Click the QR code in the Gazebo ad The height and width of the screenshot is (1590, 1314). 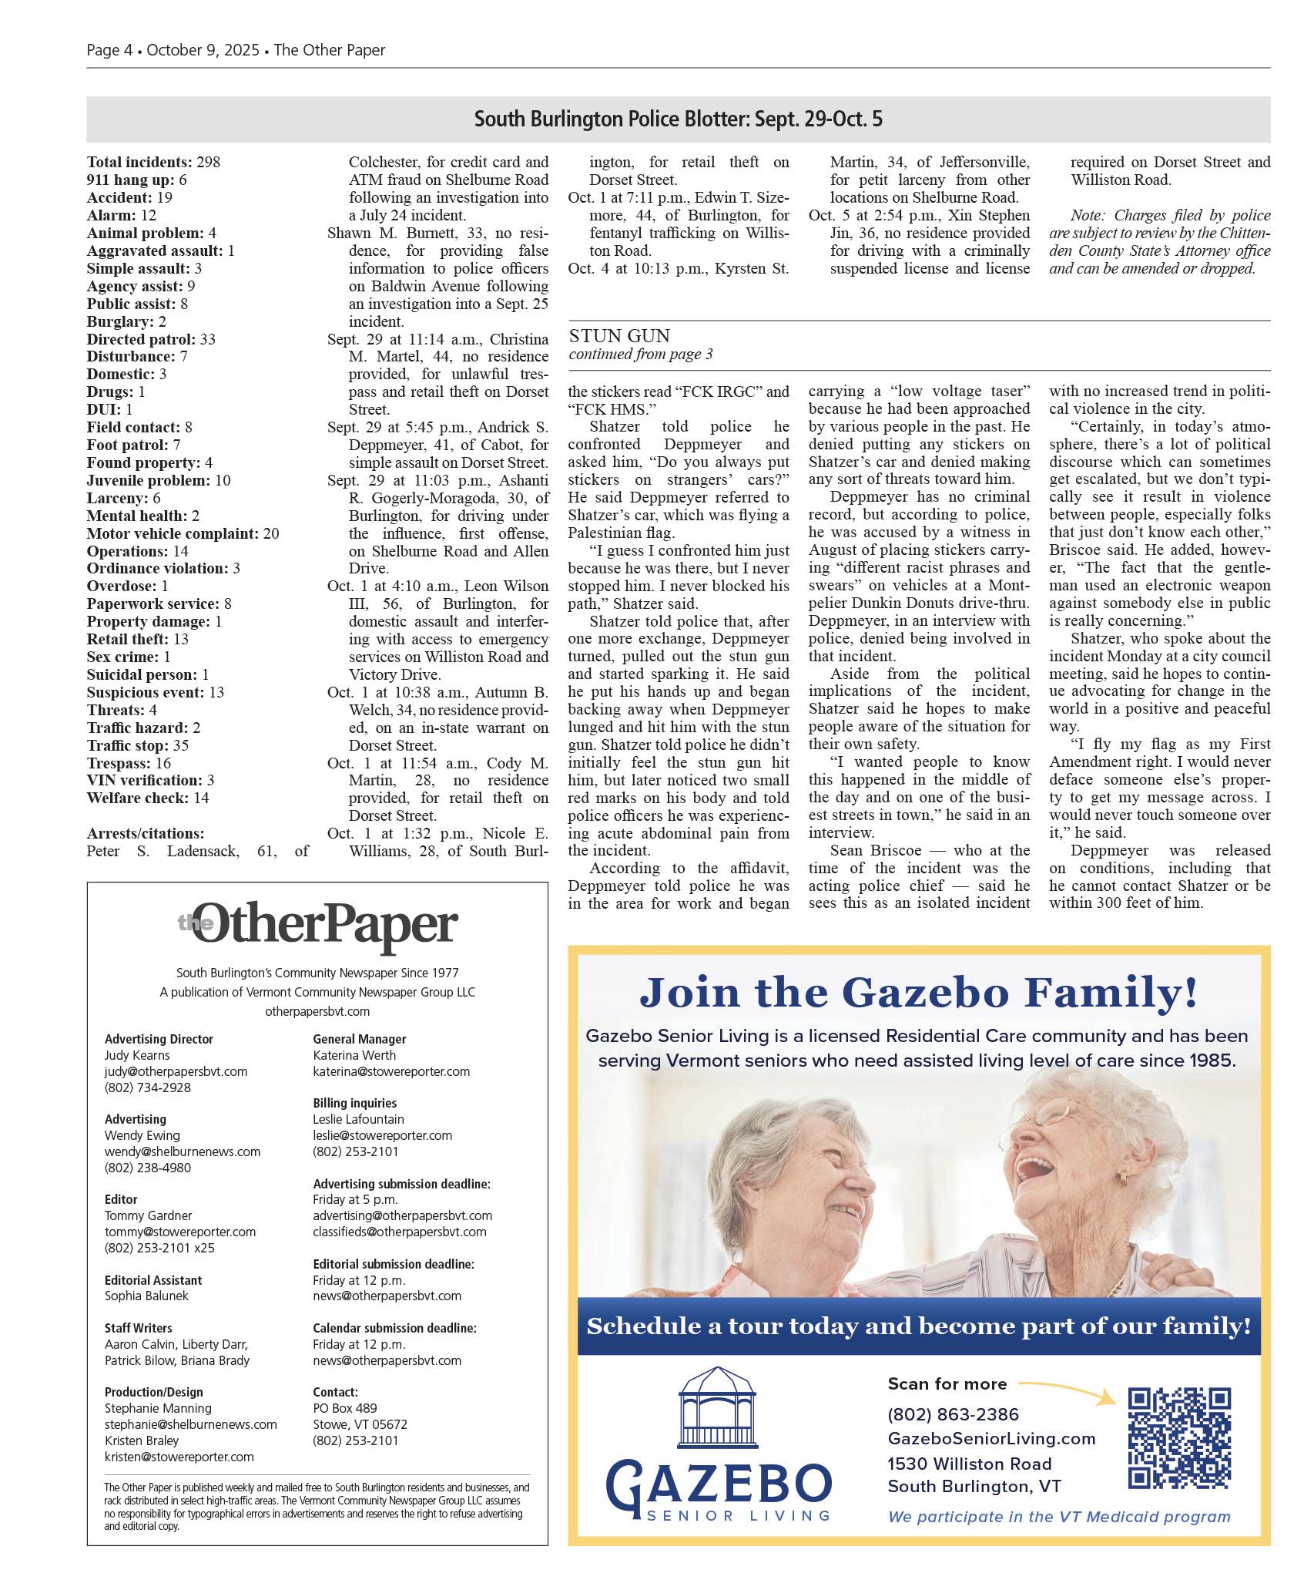click(1179, 1437)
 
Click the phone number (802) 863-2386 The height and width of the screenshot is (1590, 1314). click(953, 1414)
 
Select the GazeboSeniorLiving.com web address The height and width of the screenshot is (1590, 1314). click(991, 1438)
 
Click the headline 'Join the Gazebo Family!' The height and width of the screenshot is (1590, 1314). click(918, 992)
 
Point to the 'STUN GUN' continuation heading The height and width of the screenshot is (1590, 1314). click(619, 336)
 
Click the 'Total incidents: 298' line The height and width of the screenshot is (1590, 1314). click(153, 162)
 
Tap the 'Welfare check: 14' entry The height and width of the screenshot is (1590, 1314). click(148, 798)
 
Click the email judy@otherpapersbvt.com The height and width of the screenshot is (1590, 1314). click(176, 1071)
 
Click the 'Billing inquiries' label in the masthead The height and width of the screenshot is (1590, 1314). click(354, 1103)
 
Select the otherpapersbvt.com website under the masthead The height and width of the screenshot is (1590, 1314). click(317, 1011)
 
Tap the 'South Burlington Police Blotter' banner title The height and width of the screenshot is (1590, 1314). click(678, 119)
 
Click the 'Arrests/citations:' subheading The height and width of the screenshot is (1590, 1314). click(146, 833)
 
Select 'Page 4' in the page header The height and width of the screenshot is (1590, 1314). click(109, 50)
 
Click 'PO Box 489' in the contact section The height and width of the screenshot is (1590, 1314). click(344, 1408)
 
